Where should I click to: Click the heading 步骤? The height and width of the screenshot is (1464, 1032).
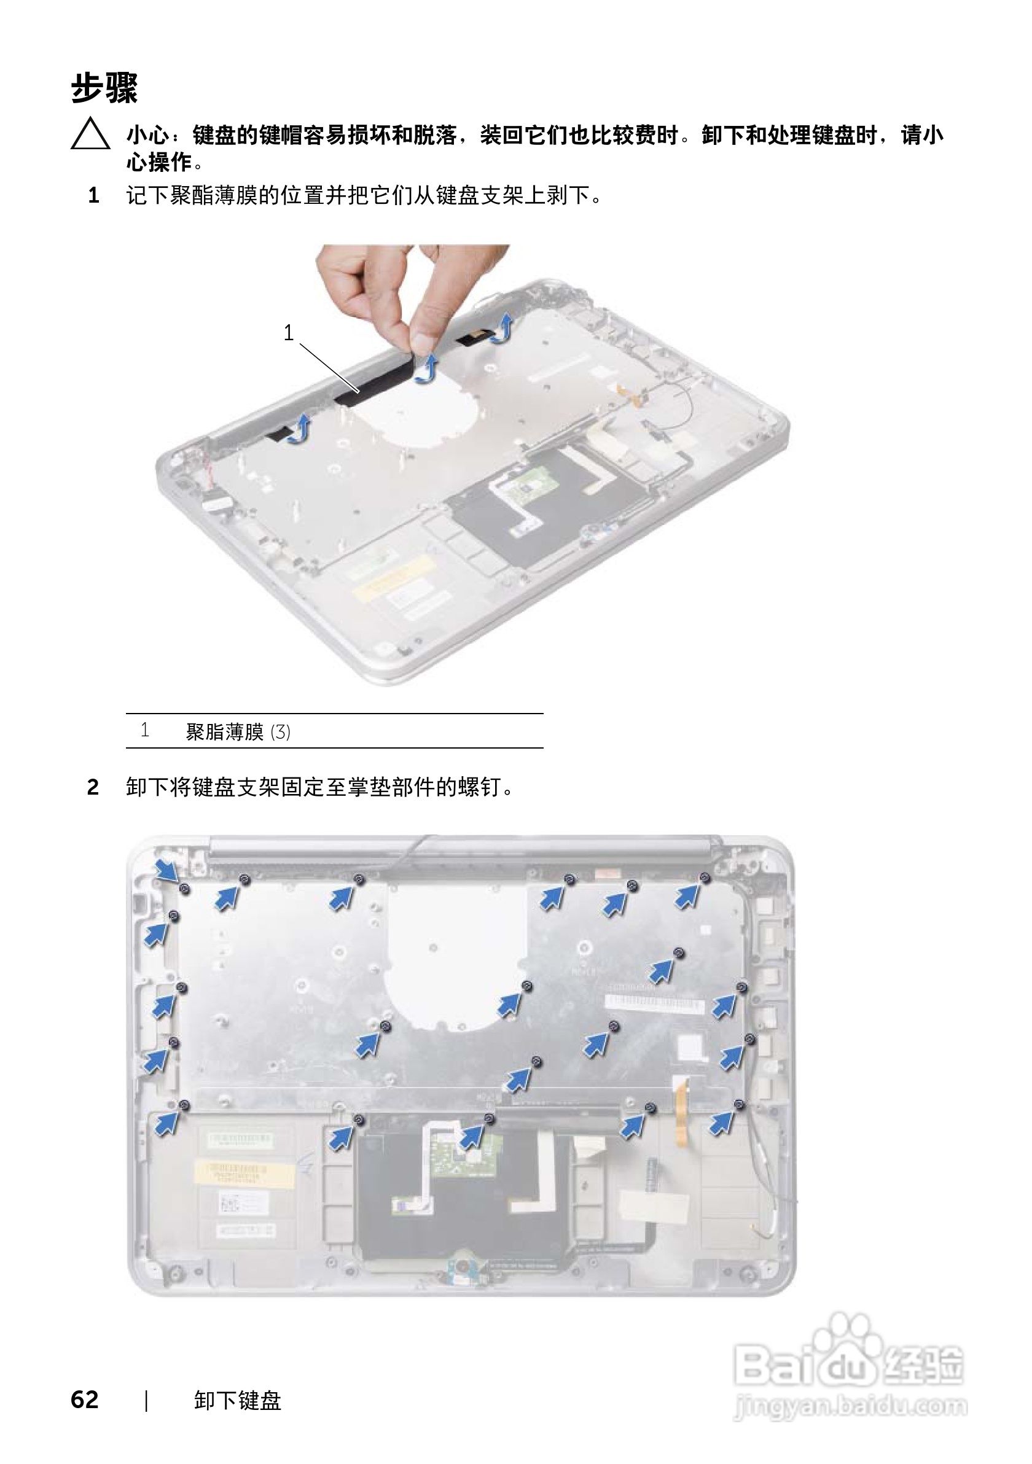point(104,87)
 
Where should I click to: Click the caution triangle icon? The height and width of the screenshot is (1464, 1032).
point(90,134)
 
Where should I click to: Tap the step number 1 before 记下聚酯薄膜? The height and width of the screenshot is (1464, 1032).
point(93,196)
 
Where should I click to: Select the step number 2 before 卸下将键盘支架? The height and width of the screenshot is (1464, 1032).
point(93,787)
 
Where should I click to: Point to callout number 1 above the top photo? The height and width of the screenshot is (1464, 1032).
point(289,332)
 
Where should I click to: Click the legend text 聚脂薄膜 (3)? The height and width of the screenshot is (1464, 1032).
point(238,731)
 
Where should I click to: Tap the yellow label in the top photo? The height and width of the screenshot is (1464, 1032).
point(390,577)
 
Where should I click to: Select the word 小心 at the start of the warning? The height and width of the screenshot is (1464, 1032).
point(148,135)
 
